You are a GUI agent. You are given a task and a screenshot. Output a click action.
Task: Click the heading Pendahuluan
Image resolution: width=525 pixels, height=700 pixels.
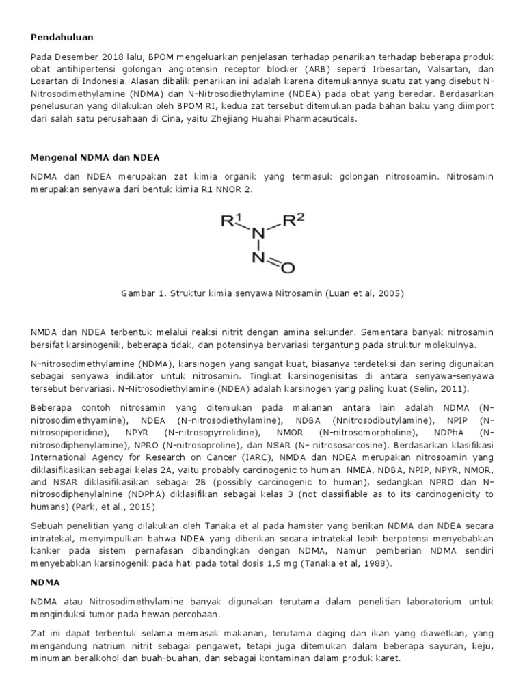pyautogui.click(x=62, y=36)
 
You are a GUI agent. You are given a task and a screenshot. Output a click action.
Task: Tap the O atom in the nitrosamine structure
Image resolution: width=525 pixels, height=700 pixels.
pyautogui.click(x=288, y=268)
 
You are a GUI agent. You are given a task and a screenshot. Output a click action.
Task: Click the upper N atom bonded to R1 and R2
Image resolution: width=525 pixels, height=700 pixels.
pyautogui.click(x=258, y=234)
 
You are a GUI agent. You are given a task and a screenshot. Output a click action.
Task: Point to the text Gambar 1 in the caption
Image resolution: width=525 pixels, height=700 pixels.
pyautogui.click(x=140, y=293)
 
